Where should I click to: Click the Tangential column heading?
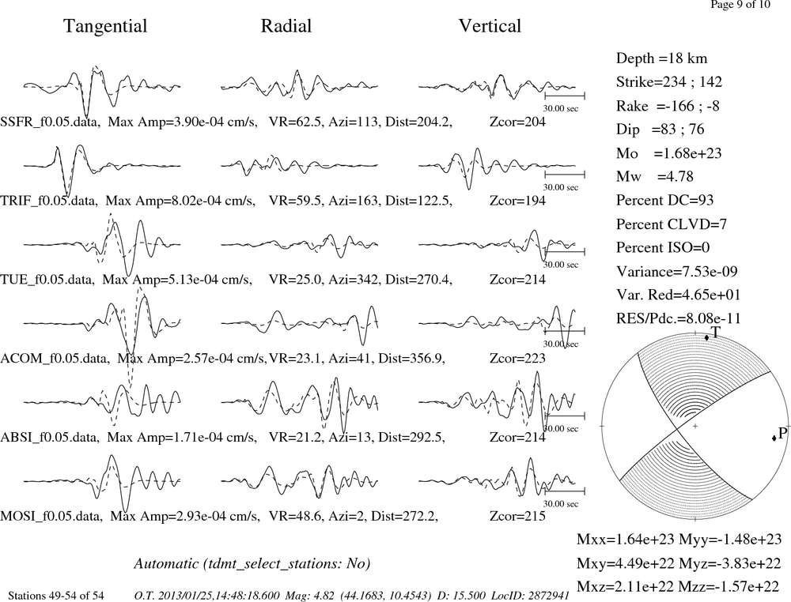(105, 26)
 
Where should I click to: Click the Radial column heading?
(286, 26)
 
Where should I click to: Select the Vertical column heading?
(490, 26)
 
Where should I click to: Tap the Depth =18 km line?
(661, 58)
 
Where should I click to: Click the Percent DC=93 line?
(665, 200)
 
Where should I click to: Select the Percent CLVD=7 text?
(672, 224)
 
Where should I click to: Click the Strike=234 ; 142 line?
(669, 81)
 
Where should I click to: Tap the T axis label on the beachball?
(715, 332)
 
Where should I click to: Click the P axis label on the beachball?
(782, 433)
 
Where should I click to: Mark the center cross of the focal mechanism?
(694, 426)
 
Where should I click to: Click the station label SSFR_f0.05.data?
(49, 122)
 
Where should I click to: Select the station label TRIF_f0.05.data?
(48, 201)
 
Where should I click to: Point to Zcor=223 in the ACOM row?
(517, 358)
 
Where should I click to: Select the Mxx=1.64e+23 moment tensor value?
(626, 539)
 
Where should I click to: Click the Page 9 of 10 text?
(740, 5)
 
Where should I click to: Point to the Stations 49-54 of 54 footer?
(56, 596)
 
